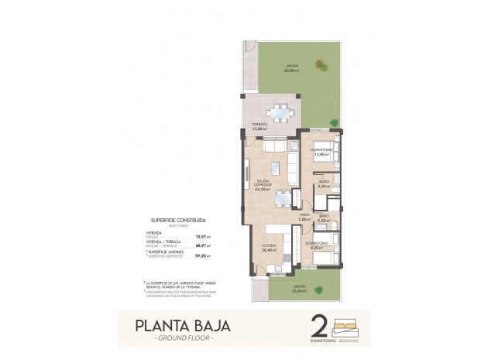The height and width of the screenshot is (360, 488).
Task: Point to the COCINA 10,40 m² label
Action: pos(268,248)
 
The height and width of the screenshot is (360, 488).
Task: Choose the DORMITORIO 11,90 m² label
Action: pos(321,152)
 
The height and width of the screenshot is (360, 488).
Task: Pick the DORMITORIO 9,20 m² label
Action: pos(315,246)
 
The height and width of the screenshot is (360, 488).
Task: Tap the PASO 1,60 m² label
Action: pos(305,218)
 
